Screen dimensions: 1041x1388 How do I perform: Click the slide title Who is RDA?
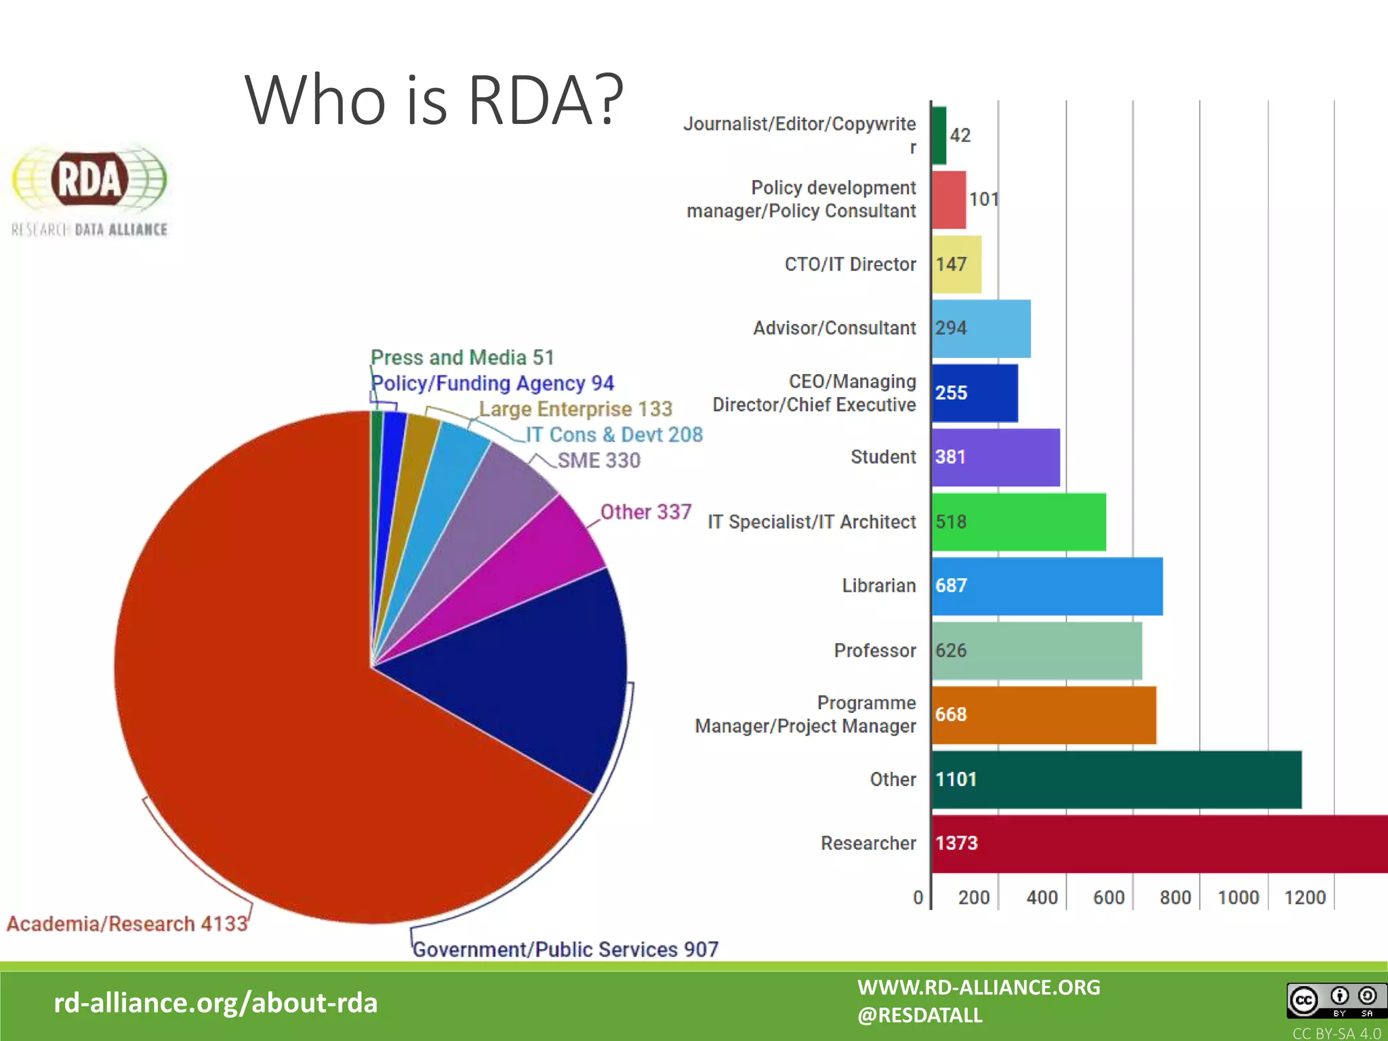pos(434,100)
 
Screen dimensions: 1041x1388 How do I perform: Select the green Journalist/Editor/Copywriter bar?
pos(939,136)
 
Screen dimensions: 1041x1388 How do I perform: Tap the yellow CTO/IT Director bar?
pos(956,264)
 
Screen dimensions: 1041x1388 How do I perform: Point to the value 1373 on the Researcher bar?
pos(956,843)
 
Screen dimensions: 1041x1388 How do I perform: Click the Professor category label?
pos(874,651)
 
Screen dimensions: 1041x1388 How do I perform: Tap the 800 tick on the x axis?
pos(1175,897)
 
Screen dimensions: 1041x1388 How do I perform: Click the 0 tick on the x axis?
pos(918,897)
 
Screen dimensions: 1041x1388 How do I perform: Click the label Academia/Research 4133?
pos(127,924)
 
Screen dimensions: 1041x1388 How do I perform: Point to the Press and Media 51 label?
pos(462,357)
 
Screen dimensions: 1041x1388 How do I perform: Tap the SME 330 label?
pos(598,460)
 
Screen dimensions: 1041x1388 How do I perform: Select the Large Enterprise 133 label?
pos(575,409)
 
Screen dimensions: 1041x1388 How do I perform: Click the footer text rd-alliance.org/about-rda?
pos(216,1003)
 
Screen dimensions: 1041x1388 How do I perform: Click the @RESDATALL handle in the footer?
pos(919,1015)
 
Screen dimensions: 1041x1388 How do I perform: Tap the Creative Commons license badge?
pos(1336,1000)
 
